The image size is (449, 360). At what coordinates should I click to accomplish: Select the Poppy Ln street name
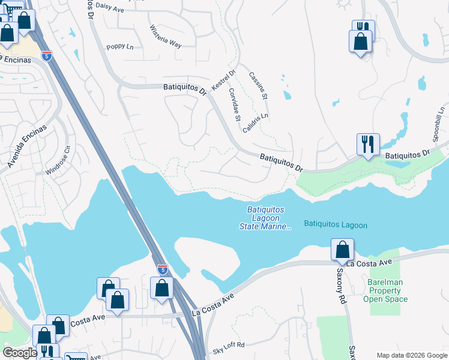pyautogui.click(x=120, y=47)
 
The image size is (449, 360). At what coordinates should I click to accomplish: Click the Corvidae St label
pyautogui.click(x=235, y=102)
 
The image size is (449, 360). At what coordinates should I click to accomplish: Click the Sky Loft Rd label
pyautogui.click(x=229, y=344)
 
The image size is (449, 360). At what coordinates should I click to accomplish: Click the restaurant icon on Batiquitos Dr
pyautogui.click(x=368, y=145)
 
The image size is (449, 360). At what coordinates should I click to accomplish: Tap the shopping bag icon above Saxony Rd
pyautogui.click(x=342, y=249)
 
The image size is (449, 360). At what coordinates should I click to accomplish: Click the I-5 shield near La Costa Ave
pyautogui.click(x=162, y=269)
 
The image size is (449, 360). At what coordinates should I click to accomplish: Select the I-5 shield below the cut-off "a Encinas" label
pyautogui.click(x=47, y=56)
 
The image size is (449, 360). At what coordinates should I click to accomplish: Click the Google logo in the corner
pyautogui.click(x=20, y=353)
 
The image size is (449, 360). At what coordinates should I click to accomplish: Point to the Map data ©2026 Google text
pyautogui.click(x=411, y=355)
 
